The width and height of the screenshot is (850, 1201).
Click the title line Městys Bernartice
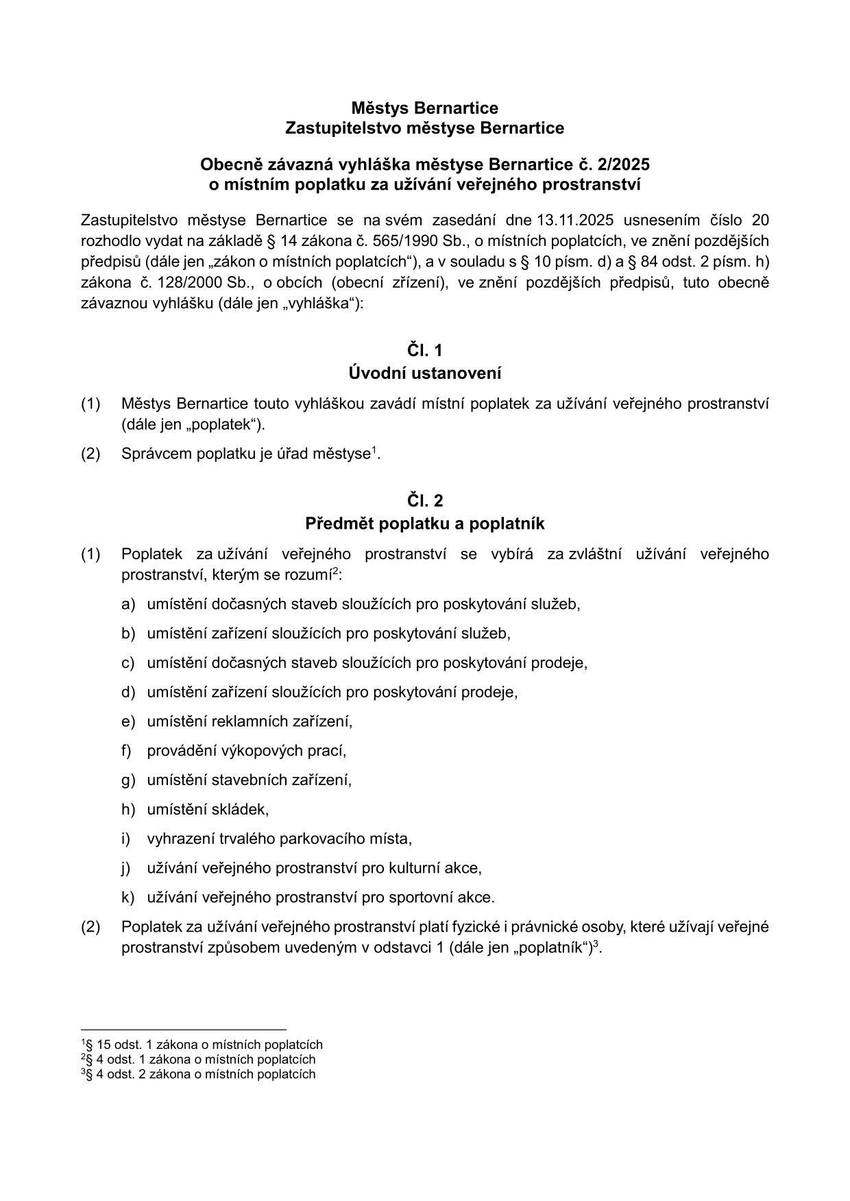click(424, 108)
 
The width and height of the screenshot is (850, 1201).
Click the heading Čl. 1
click(424, 351)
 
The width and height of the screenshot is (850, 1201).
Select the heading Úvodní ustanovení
click(424, 374)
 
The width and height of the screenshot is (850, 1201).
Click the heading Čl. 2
click(424, 500)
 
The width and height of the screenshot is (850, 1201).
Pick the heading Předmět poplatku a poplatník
click(424, 524)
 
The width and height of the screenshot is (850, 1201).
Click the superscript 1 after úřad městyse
click(374, 450)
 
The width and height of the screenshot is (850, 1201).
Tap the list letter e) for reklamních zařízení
click(128, 721)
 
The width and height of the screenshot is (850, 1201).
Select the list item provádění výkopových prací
click(247, 751)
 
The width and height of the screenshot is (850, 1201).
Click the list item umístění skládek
click(208, 810)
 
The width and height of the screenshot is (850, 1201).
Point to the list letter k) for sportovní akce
click(128, 897)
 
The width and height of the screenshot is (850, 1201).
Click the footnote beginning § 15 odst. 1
click(203, 1045)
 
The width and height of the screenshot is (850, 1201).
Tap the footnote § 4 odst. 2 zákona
click(199, 1074)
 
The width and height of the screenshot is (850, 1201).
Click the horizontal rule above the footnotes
click(183, 1029)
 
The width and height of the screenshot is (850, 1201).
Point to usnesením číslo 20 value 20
click(760, 220)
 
